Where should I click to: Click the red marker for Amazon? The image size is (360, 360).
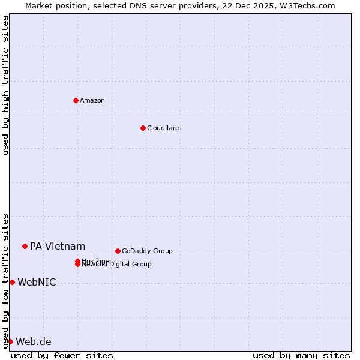[x=76, y=100]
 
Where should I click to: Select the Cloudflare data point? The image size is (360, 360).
[x=143, y=128]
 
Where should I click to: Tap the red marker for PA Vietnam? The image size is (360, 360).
[x=25, y=246]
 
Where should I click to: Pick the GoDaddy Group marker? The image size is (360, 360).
[x=118, y=251]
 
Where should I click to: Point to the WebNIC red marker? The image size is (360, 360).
[x=12, y=282]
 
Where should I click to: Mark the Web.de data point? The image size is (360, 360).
[x=10, y=341]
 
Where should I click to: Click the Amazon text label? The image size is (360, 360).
[x=92, y=100]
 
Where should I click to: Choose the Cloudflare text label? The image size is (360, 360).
[x=163, y=128]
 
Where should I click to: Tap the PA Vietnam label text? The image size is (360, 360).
[x=58, y=246]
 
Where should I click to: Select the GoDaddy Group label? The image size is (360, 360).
[x=147, y=251]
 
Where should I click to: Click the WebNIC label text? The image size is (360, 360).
[x=37, y=282]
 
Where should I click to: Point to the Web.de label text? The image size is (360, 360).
[x=34, y=341]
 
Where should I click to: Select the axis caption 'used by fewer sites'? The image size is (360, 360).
[x=62, y=355]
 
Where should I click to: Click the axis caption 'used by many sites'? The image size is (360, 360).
[x=301, y=355]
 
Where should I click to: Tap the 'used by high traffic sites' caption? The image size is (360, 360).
[x=5, y=85]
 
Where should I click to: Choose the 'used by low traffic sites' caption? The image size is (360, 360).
[x=5, y=280]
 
